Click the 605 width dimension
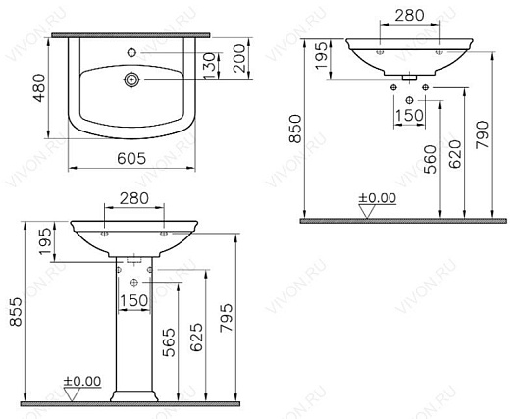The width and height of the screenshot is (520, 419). coord(131,159)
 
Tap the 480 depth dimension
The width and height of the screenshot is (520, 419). coord(40,88)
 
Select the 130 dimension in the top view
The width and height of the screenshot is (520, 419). coord(209,67)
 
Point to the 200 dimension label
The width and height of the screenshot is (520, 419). coord(239,59)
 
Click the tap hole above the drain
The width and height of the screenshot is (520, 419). coord(132,52)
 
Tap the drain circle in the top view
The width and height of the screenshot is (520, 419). coord(132,79)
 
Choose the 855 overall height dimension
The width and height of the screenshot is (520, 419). coord(16,312)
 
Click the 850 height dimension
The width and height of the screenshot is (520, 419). coord(295,129)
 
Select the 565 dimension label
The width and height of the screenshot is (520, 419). coord(169,342)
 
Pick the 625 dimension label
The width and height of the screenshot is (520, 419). coord(196,337)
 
